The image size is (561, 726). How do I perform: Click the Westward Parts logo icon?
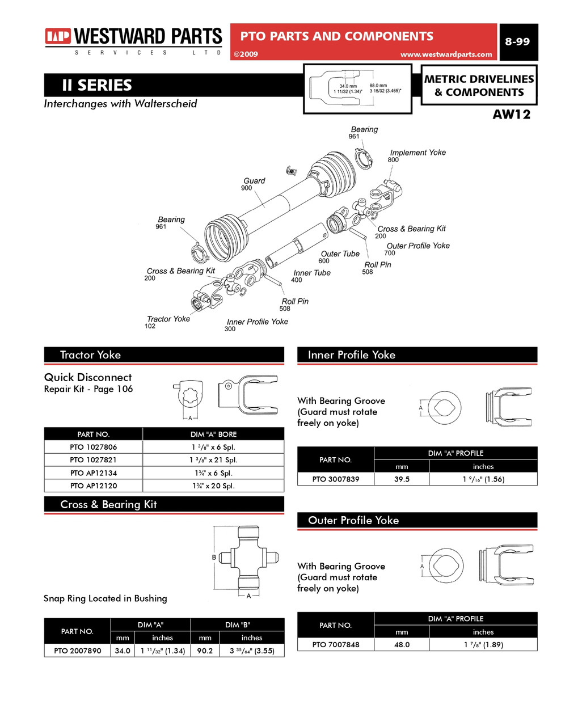58,37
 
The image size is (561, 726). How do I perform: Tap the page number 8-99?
517,41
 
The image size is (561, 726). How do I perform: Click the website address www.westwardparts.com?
446,54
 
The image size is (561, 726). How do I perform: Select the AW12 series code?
511,115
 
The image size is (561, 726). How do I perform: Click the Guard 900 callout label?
254,184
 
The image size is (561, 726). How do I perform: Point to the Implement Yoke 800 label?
417,155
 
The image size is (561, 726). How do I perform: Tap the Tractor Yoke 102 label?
168,322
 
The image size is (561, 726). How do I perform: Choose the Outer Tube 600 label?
340,257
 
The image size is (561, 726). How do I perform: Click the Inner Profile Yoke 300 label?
257,324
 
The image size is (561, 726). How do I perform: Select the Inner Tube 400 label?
311,276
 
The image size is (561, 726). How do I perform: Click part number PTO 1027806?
94,447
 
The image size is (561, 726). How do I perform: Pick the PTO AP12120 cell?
94,486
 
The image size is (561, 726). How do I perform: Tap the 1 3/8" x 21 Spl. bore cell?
213,460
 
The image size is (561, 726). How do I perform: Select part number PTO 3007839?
336,479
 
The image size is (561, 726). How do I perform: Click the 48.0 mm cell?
402,644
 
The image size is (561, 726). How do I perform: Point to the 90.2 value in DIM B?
205,651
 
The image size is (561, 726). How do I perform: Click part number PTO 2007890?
78,651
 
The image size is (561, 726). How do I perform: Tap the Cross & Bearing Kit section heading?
108,504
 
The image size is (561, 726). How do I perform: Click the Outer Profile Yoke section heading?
353,520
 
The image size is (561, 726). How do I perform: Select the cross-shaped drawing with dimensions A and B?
249,558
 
